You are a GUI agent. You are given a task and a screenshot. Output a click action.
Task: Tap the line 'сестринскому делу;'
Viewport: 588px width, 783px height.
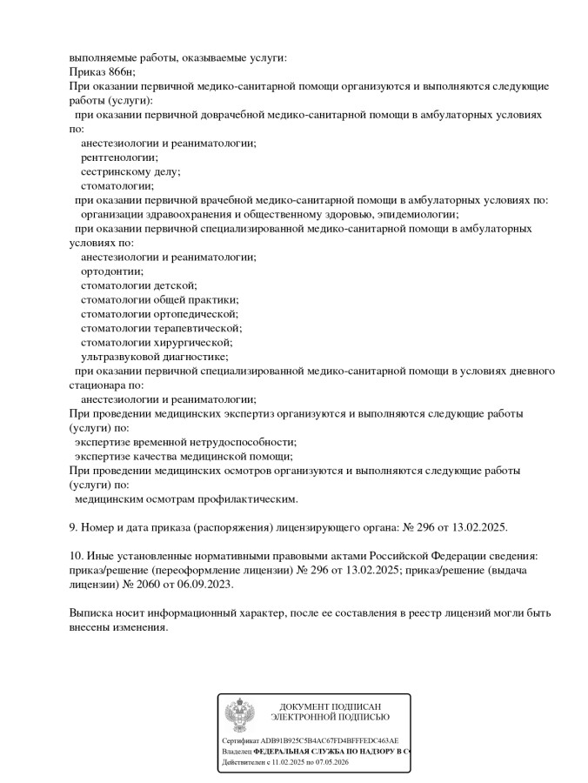pyautogui.click(x=130, y=171)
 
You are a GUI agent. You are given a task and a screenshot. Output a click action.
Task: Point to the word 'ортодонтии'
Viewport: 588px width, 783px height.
pyautogui.click(x=111, y=271)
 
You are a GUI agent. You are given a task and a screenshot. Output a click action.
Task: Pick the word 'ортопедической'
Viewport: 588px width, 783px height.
pyautogui.click(x=196, y=313)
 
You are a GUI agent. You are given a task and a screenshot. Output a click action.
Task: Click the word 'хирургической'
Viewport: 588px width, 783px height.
pyautogui.click(x=192, y=342)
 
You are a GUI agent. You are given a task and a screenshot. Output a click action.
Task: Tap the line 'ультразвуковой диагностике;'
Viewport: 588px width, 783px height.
pyautogui.click(x=155, y=356)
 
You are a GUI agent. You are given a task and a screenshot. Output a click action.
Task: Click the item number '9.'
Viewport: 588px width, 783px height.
pyautogui.click(x=74, y=527)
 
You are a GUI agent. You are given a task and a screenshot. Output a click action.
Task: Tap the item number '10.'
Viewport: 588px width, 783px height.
pyautogui.click(x=77, y=555)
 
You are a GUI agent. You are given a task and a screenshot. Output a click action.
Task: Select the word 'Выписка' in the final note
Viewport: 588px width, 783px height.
pyautogui.click(x=91, y=612)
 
